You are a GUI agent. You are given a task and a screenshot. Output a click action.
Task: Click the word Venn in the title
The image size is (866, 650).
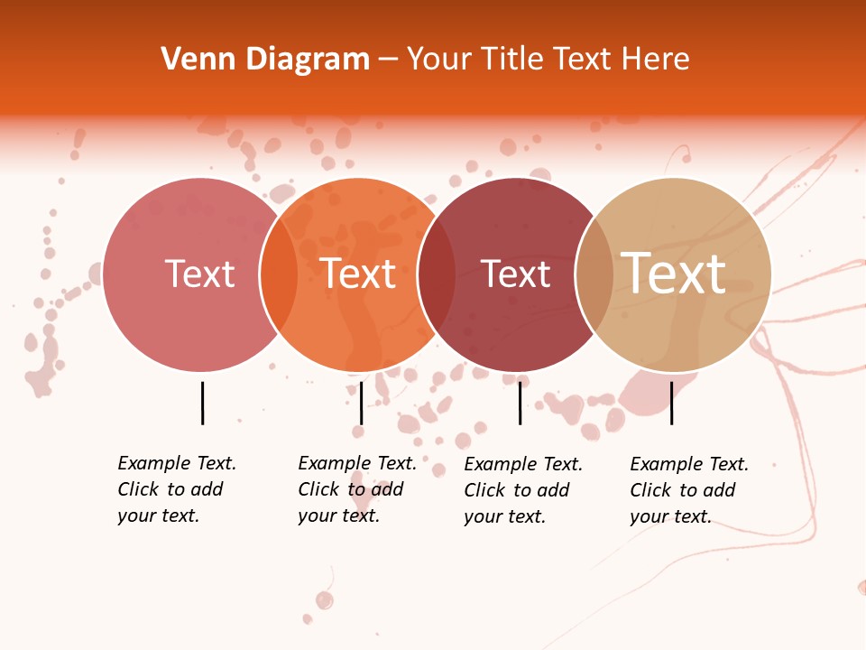pyautogui.click(x=188, y=60)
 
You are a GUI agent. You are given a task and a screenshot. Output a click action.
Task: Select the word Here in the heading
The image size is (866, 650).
pyautogui.click(x=656, y=60)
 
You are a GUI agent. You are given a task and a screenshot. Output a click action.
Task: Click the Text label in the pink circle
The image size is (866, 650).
pyautogui.click(x=199, y=274)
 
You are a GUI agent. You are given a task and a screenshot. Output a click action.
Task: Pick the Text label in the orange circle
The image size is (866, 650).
pyautogui.click(x=358, y=274)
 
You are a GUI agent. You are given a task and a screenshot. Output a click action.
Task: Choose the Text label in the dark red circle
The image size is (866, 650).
pyautogui.click(x=515, y=274)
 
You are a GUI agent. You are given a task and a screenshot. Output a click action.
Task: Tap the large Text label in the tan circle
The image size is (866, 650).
pyautogui.click(x=674, y=273)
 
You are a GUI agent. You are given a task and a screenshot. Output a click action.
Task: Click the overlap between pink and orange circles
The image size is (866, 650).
pyautogui.click(x=279, y=274)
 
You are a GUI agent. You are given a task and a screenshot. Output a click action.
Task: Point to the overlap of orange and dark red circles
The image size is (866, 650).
pyautogui.click(x=437, y=274)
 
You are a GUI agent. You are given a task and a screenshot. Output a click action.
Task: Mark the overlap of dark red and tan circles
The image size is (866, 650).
pyautogui.click(x=594, y=274)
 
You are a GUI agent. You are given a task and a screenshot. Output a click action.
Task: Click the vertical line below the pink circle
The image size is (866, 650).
pyautogui.click(x=203, y=403)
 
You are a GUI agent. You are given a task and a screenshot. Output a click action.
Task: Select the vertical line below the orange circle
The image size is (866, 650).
pyautogui.click(x=361, y=403)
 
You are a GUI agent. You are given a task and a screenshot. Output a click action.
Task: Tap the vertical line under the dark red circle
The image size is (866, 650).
pyautogui.click(x=520, y=403)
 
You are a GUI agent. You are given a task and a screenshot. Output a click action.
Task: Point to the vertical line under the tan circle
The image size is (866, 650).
pyautogui.click(x=671, y=403)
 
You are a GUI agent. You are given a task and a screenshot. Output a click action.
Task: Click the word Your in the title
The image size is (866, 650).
pyautogui.click(x=439, y=60)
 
